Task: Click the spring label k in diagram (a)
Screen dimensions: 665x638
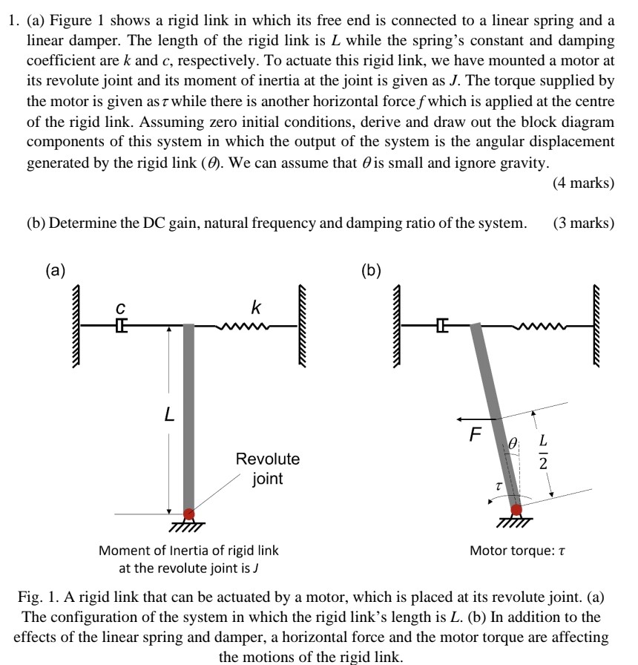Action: pyautogui.click(x=255, y=306)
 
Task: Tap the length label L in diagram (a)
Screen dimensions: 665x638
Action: pyautogui.click(x=170, y=417)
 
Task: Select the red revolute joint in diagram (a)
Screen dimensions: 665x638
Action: pyautogui.click(x=189, y=513)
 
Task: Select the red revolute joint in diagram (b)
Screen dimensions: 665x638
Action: pyautogui.click(x=516, y=509)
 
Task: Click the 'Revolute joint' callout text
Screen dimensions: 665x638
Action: pyautogui.click(x=267, y=468)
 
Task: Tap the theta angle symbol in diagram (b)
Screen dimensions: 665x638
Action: pyautogui.click(x=512, y=444)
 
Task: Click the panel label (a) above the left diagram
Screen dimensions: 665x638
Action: pyautogui.click(x=55, y=271)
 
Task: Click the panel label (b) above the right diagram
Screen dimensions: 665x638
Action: pyautogui.click(x=372, y=271)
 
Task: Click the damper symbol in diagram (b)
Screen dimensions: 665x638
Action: pyautogui.click(x=443, y=324)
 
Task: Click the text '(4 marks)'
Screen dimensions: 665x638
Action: pyautogui.click(x=583, y=183)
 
